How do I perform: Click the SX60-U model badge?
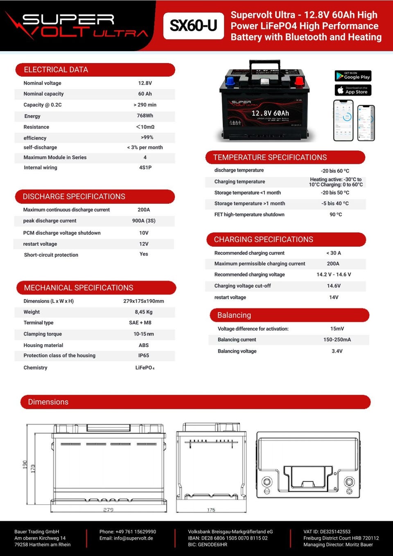point(193,26)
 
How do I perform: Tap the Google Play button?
point(353,76)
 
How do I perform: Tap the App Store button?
point(353,90)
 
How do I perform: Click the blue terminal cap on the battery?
point(230,81)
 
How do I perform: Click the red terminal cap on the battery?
point(299,80)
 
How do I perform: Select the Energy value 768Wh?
point(145,116)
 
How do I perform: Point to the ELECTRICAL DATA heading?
point(56,70)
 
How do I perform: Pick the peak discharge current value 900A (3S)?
point(144,221)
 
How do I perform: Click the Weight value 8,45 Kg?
point(144,312)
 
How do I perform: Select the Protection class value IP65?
point(144,356)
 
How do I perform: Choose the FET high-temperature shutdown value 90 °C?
point(336,215)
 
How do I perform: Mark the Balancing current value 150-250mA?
point(337,340)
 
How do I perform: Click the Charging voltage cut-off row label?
point(242,286)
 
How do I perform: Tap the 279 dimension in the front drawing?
point(108,510)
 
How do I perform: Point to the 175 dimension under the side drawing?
point(211,510)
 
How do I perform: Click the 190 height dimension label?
point(25,465)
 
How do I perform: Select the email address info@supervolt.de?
point(126,538)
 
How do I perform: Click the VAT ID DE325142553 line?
point(327,532)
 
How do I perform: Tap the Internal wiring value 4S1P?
point(145,168)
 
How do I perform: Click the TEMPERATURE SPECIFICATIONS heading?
point(270,157)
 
